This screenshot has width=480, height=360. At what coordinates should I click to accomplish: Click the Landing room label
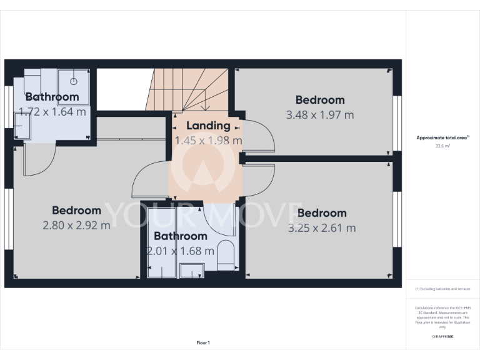[x=208, y=126]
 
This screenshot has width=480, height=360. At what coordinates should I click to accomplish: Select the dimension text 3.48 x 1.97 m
[x=320, y=115]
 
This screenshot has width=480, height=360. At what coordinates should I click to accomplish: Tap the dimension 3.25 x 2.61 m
[x=322, y=228]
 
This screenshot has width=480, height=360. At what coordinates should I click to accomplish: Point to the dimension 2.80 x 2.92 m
[x=76, y=225]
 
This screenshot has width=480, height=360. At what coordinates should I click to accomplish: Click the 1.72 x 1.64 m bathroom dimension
[x=52, y=112]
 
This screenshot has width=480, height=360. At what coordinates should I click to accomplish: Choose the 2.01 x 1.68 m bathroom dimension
[x=181, y=251]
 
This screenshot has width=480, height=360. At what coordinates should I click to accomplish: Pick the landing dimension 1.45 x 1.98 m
[x=208, y=141]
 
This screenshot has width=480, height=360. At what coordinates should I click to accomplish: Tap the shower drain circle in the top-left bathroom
[x=74, y=81]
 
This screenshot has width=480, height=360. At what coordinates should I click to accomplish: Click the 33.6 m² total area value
[x=442, y=146]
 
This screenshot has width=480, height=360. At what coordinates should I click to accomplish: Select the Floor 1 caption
[x=203, y=342]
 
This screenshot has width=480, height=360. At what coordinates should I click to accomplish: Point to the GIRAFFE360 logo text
[x=442, y=337]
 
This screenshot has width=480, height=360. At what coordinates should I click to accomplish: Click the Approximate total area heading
[x=442, y=137]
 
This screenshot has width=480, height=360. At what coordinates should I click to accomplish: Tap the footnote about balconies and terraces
[x=442, y=289]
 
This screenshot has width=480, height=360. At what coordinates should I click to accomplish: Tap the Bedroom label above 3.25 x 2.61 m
[x=322, y=213]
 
